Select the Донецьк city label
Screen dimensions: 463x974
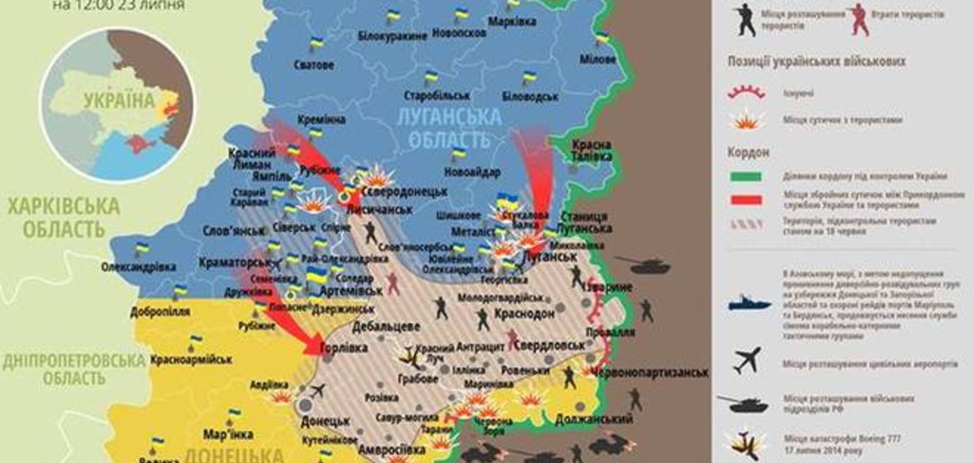(x=325, y=421)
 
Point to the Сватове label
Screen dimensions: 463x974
(x=314, y=65)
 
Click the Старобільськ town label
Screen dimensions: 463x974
(x=437, y=95)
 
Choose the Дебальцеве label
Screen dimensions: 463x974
(x=386, y=327)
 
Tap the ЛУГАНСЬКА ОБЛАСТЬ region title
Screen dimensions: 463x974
(x=448, y=128)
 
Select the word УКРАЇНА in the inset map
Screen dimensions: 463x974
(x=119, y=101)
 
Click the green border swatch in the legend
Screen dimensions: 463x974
(x=746, y=176)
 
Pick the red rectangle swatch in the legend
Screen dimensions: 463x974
(x=746, y=200)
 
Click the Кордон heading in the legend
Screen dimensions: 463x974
(x=748, y=152)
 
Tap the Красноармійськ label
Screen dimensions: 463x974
(x=191, y=359)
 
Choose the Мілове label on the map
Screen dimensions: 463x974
(x=598, y=59)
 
